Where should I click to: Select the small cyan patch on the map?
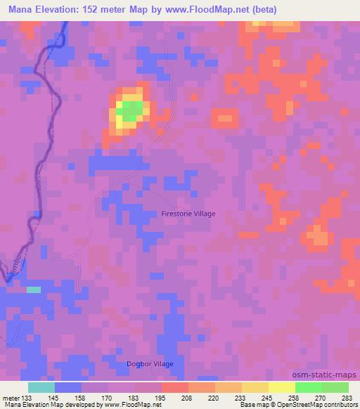33,289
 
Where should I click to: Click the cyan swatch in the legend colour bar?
41,387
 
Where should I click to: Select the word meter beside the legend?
11,398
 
